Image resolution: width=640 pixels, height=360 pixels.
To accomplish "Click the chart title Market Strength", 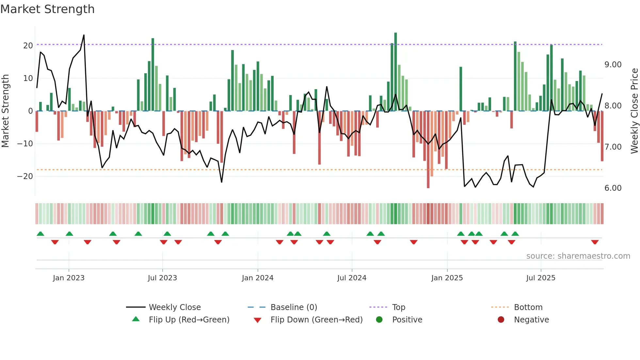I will pos(47,9).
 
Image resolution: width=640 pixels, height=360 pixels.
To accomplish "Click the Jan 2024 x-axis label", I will pos(258,278).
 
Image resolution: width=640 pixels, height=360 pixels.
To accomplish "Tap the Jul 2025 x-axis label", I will pos(541,278).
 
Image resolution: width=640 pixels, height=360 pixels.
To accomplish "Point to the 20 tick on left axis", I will pos(28,46).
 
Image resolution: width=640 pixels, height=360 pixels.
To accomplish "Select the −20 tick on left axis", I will pos(25,176).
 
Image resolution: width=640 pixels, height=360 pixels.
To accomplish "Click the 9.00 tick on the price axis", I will pos(613,65).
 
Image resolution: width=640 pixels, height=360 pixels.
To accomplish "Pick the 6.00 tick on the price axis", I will pos(613,188).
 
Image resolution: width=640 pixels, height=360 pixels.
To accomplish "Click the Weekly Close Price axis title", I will pos(634,111).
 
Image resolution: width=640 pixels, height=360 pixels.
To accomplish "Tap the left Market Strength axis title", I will pos(5,111).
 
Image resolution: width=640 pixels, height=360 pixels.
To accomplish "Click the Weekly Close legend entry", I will pos(175,307).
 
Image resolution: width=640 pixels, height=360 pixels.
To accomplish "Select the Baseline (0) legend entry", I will pos(294,307).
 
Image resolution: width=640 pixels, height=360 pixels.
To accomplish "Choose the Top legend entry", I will pos(398,307).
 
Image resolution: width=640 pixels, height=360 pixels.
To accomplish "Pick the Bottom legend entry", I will pos(528,307).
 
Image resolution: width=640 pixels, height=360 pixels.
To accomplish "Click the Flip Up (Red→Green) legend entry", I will pos(189,320).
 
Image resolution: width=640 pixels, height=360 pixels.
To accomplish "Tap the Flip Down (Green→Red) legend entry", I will pos(316,320).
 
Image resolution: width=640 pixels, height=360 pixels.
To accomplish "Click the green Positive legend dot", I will pos(379,319).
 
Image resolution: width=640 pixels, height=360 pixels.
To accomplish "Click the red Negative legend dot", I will pos(501,319).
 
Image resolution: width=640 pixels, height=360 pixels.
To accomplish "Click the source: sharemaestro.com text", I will pos(578,256).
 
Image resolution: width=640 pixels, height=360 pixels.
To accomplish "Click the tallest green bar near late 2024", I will pos(395,72).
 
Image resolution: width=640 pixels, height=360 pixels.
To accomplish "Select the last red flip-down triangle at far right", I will pos(595,242).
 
